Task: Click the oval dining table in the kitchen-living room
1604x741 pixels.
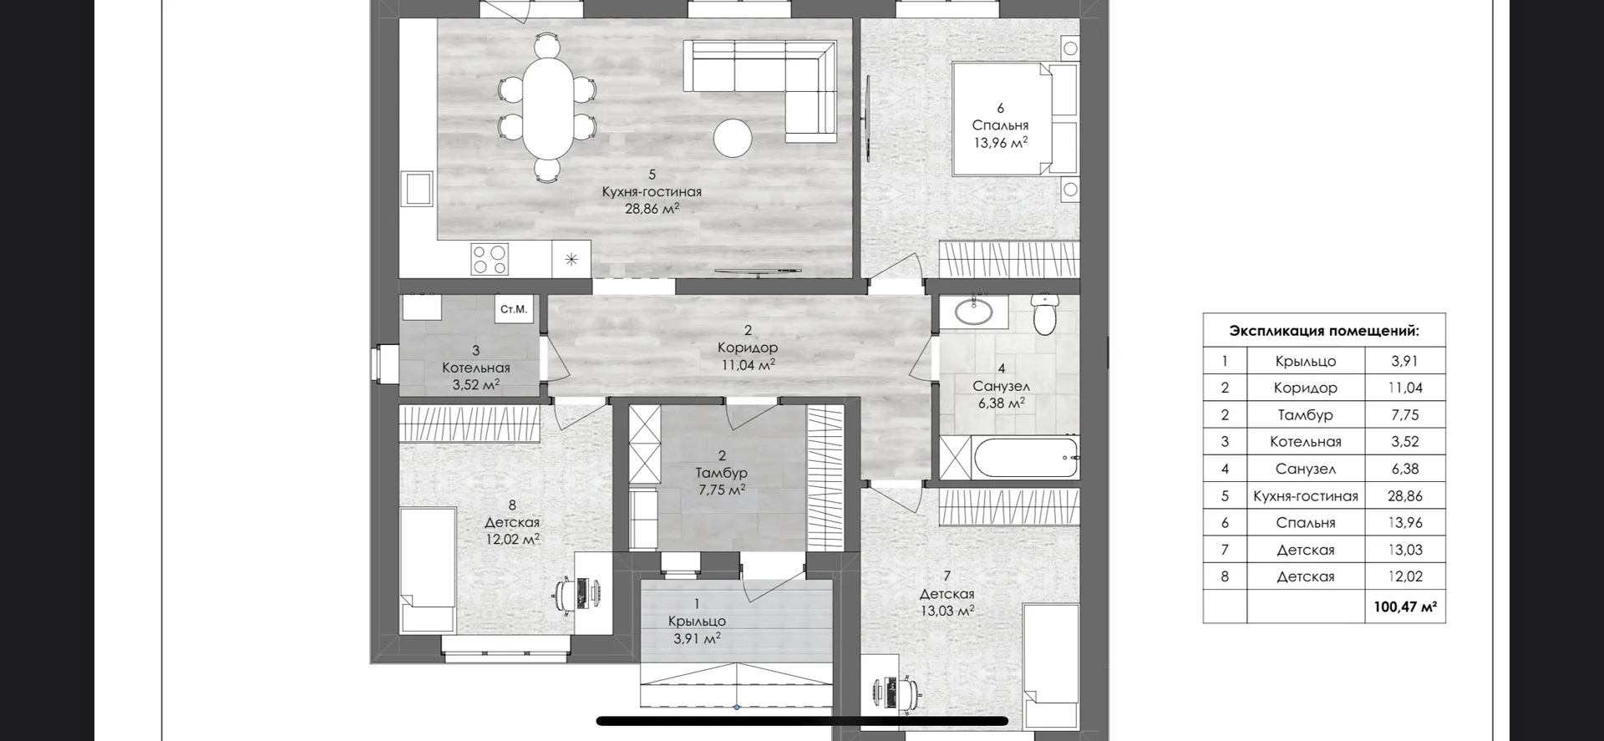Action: [x=548, y=107]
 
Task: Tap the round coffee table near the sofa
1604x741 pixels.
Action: [x=733, y=138]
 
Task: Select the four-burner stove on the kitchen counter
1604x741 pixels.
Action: [x=490, y=259]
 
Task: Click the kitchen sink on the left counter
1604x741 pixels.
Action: [x=417, y=188]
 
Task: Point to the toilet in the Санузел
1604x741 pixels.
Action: [x=1045, y=313]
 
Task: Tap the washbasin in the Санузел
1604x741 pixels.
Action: [x=974, y=312]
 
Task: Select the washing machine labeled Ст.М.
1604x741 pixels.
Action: [x=515, y=309]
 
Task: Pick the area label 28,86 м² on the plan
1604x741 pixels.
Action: [x=652, y=209]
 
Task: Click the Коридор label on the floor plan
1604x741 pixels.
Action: [x=748, y=347]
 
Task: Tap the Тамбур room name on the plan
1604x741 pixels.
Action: [x=722, y=473]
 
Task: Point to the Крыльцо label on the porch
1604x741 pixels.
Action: [x=697, y=621]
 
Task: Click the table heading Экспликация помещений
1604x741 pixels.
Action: [x=1324, y=331]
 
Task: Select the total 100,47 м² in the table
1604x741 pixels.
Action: [x=1405, y=607]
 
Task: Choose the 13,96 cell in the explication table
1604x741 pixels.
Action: [x=1404, y=522]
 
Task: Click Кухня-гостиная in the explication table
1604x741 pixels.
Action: [x=1306, y=495]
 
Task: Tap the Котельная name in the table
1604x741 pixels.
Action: [x=1306, y=442]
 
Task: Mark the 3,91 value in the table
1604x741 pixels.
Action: [x=1404, y=361]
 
